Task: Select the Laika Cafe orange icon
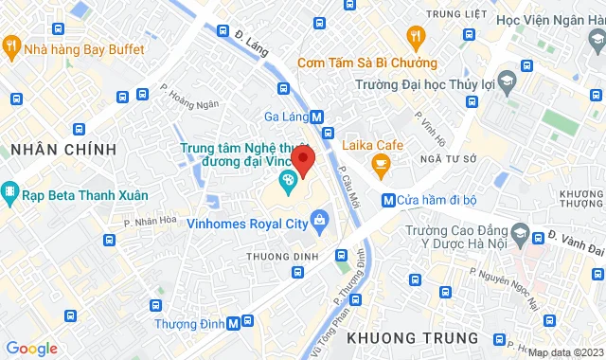(381, 168)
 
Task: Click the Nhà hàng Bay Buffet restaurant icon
(10, 45)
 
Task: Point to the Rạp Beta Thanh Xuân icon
(10, 194)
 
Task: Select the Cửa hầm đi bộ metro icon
(388, 200)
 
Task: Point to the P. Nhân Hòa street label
(151, 222)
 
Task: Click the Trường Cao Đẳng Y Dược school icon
(519, 231)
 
